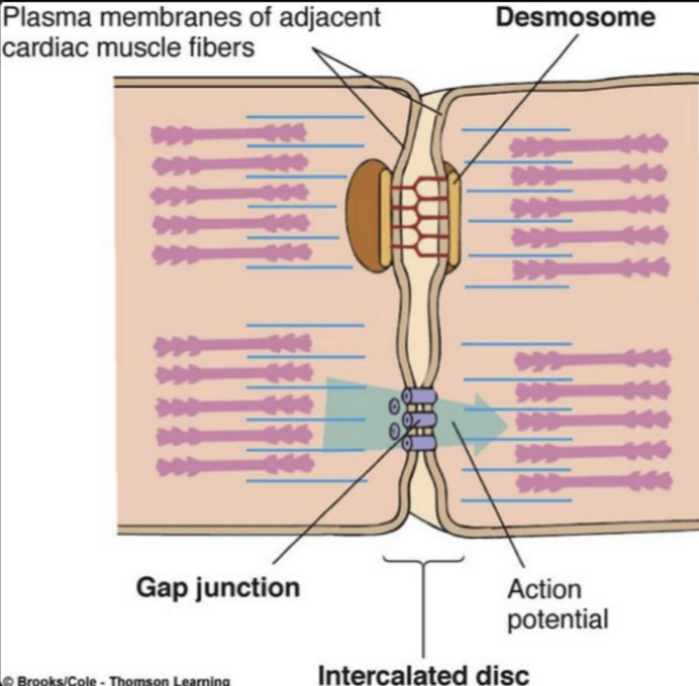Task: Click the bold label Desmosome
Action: click(575, 17)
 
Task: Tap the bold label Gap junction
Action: click(218, 587)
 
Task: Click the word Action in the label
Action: click(544, 589)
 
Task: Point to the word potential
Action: click(557, 619)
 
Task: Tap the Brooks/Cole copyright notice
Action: click(115, 680)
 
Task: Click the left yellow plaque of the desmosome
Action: click(385, 217)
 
